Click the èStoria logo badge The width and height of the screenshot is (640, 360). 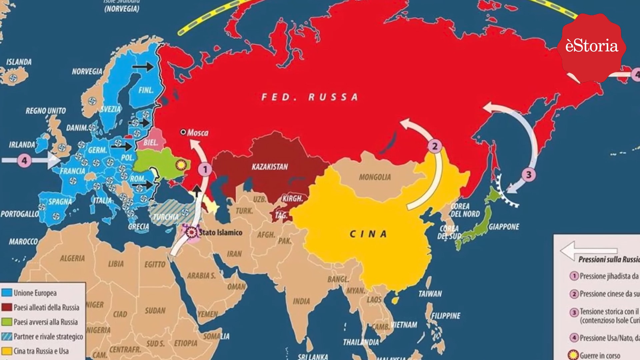pyautogui.click(x=592, y=47)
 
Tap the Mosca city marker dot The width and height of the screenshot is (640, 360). pyautogui.click(x=183, y=132)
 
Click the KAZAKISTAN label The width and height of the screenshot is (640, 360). pyautogui.click(x=270, y=167)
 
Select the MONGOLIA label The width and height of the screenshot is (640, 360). pyautogui.click(x=375, y=177)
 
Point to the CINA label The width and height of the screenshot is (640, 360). pyautogui.click(x=368, y=234)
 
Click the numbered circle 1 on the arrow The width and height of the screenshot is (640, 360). pyautogui.click(x=205, y=169)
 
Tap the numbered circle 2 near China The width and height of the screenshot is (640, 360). pyautogui.click(x=435, y=146)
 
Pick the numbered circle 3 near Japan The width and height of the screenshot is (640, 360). pyautogui.click(x=529, y=175)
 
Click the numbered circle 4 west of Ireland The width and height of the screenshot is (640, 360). pyautogui.click(x=24, y=161)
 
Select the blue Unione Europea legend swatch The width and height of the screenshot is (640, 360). pyautogui.click(x=7, y=293)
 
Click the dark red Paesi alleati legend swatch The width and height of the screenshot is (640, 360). pyautogui.click(x=7, y=307)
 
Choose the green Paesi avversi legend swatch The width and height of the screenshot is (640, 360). pyautogui.click(x=7, y=322)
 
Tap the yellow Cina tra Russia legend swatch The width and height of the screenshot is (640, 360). pyautogui.click(x=7, y=351)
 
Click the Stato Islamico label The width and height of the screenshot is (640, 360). pyautogui.click(x=221, y=232)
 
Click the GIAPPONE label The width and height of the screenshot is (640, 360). pyautogui.click(x=504, y=227)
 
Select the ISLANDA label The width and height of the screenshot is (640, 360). pyautogui.click(x=19, y=62)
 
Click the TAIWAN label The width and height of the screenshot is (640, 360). pyautogui.click(x=430, y=294)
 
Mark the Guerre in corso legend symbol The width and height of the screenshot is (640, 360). pyautogui.click(x=573, y=355)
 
